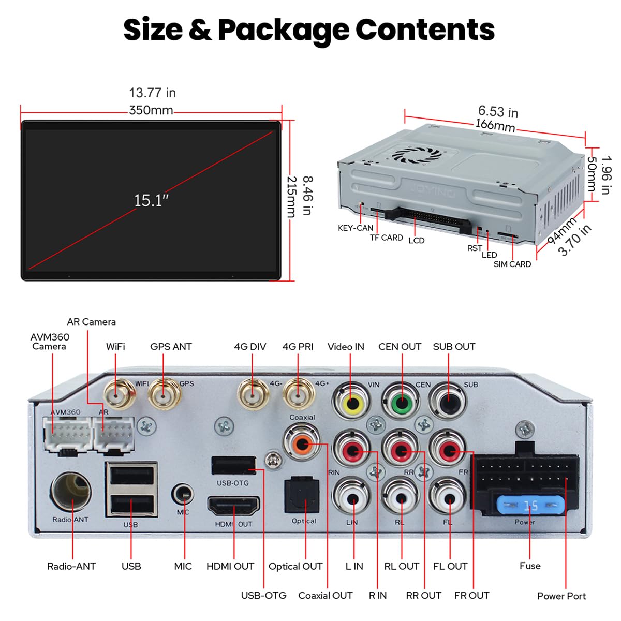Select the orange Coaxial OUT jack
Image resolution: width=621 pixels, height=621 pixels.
click(302, 445)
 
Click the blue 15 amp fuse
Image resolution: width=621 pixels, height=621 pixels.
click(530, 506)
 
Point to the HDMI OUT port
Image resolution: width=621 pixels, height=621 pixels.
click(233, 507)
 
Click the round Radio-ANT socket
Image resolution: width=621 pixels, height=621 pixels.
click(71, 493)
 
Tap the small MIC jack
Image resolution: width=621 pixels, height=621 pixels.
click(183, 493)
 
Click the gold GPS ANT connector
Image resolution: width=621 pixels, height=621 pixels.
click(164, 394)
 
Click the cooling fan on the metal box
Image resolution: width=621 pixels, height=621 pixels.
click(417, 156)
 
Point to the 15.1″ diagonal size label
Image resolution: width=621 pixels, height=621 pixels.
click(151, 200)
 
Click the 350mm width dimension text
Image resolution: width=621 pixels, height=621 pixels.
click(151, 111)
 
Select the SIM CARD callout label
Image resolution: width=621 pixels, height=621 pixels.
click(512, 264)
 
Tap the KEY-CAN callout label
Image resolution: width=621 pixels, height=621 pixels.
click(356, 228)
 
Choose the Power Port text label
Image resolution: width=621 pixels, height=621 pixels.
click(561, 596)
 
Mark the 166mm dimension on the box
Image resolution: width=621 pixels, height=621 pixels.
click(495, 125)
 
